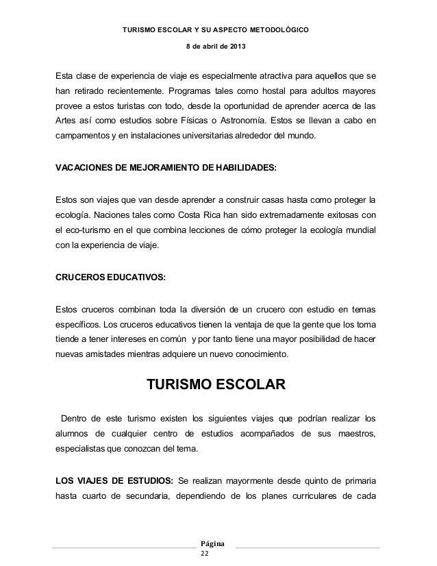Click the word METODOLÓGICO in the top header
pyautogui.click(x=275, y=30)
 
